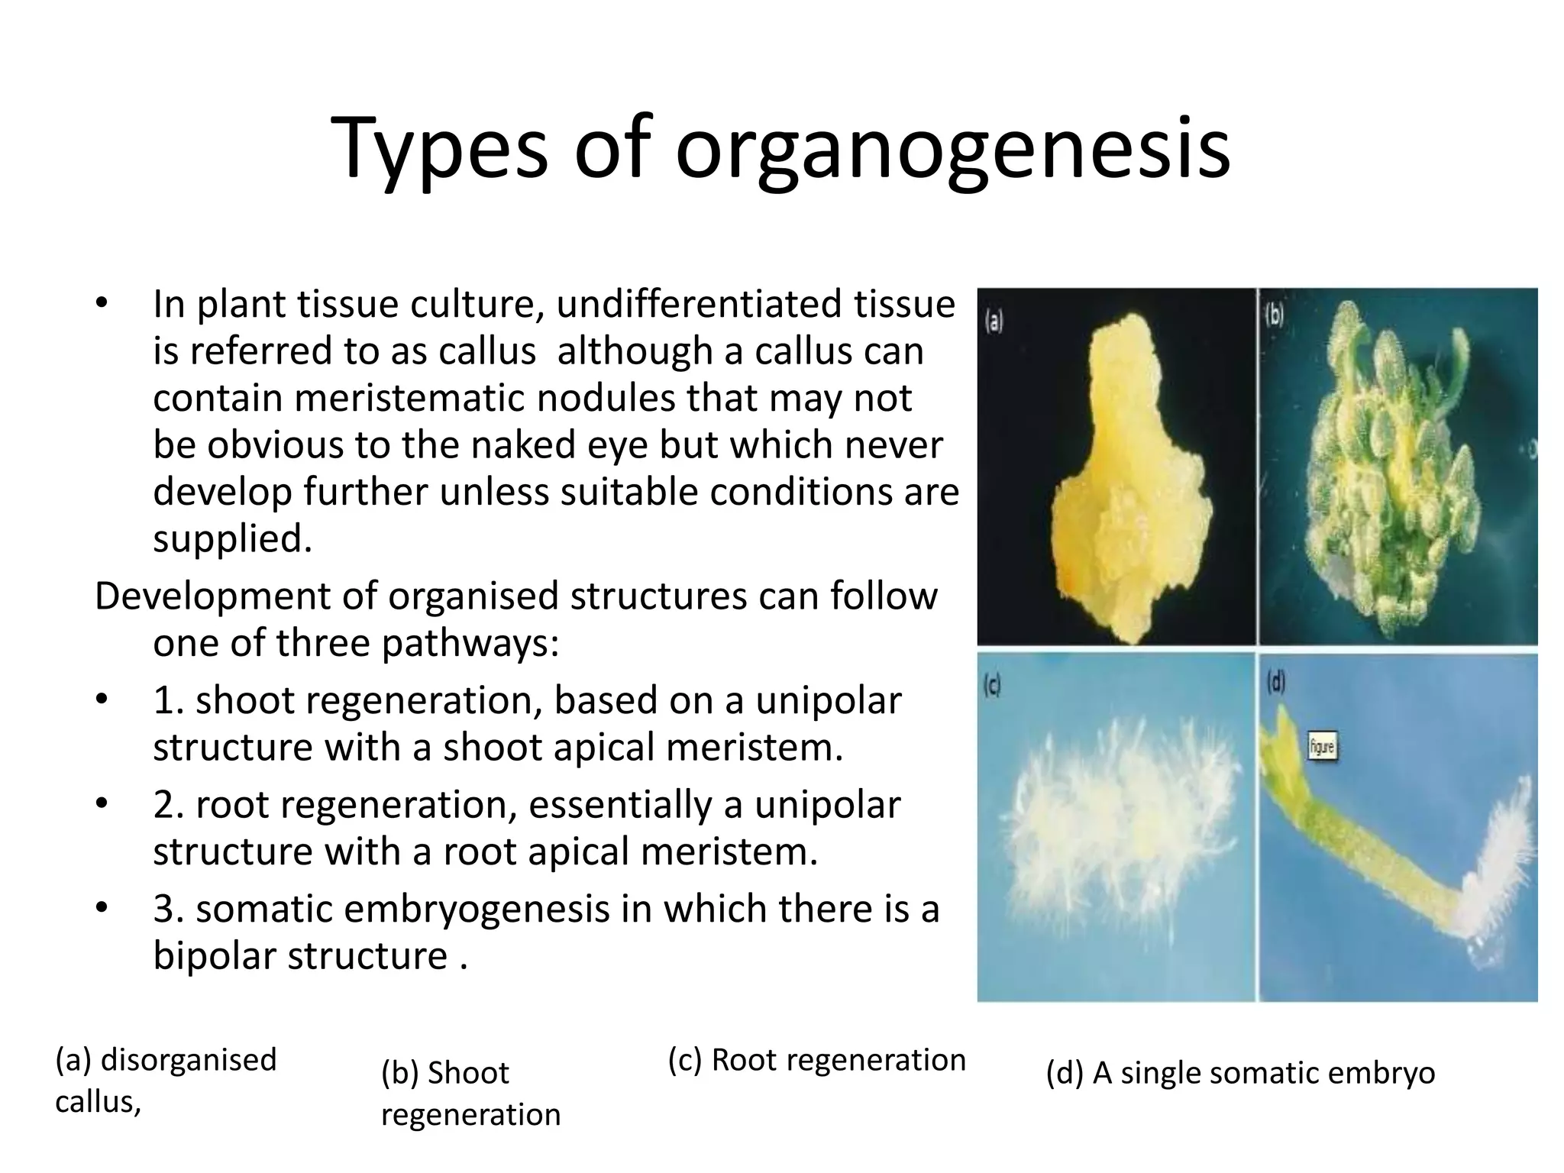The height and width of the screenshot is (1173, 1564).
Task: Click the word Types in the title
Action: coord(440,149)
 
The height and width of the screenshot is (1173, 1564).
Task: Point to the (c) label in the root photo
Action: coord(991,687)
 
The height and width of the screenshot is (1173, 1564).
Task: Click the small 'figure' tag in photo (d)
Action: coord(1322,746)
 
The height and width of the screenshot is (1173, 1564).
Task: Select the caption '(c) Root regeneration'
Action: coord(816,1060)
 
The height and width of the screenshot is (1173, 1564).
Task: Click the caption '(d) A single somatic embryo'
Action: coord(1240,1073)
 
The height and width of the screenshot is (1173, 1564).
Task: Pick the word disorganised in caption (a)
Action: coord(189,1060)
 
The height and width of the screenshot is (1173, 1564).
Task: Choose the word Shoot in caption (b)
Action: coord(467,1073)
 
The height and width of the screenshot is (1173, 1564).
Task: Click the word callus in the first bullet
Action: coord(486,351)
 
